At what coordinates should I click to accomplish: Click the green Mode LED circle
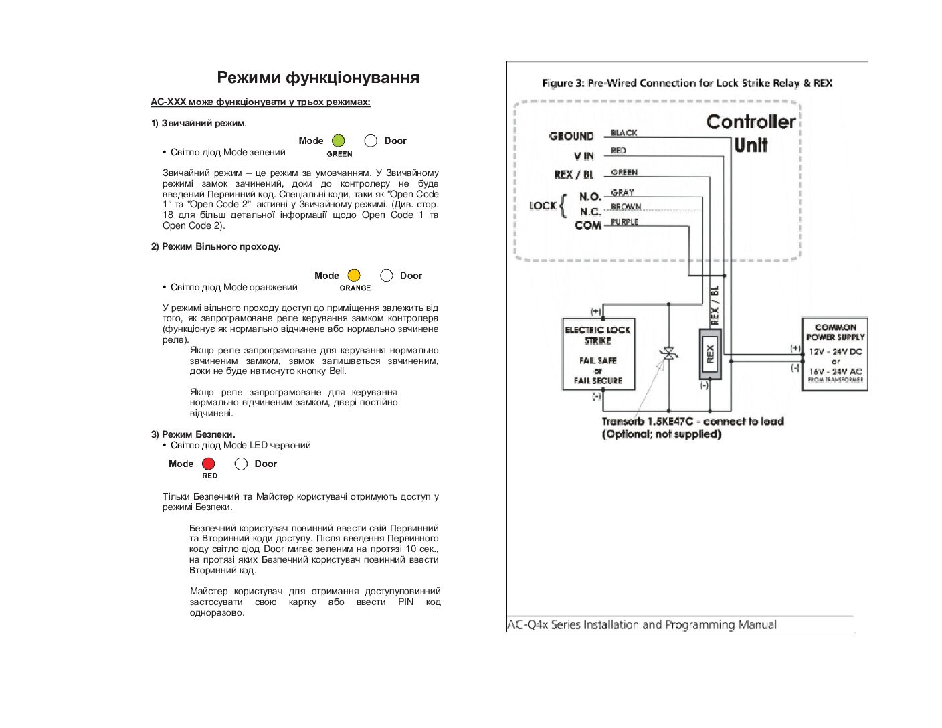[x=338, y=141]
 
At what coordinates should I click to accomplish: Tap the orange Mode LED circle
[x=354, y=276]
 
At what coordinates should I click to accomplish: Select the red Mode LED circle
[x=209, y=464]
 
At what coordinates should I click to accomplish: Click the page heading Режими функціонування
[x=318, y=78]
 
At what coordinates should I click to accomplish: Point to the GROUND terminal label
[x=571, y=136]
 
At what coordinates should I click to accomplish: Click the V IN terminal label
[x=583, y=156]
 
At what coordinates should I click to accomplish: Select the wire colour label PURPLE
[x=624, y=222]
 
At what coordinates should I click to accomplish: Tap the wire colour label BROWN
[x=626, y=207]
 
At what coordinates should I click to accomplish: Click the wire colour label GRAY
[x=622, y=193]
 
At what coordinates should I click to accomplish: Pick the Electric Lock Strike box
[x=599, y=355]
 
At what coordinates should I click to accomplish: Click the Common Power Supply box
[x=834, y=354]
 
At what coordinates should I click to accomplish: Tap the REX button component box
[x=710, y=354]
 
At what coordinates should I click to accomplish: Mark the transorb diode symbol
[x=669, y=354]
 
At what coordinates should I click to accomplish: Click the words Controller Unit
[x=751, y=134]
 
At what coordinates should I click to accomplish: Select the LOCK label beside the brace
[x=543, y=205]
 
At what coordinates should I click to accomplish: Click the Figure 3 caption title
[x=687, y=83]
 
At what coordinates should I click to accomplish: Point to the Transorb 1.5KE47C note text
[x=692, y=428]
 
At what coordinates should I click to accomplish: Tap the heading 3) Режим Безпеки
[x=193, y=434]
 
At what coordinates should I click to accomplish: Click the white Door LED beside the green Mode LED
[x=371, y=141]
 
